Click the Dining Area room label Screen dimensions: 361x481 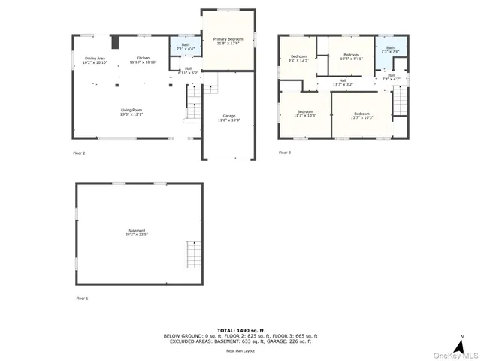(x=95, y=60)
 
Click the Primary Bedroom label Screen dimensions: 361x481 (x=228, y=41)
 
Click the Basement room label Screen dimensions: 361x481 (x=137, y=232)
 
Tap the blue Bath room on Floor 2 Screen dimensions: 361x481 (x=185, y=47)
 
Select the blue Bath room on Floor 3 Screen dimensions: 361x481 (x=390, y=50)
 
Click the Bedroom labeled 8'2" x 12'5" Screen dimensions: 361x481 (x=298, y=59)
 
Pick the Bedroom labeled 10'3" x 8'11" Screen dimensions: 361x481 (x=352, y=57)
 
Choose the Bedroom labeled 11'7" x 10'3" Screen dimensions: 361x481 (x=304, y=114)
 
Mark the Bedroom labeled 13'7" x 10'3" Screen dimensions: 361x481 (x=362, y=116)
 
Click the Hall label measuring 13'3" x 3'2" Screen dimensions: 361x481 (x=343, y=82)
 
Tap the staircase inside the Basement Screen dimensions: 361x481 (x=194, y=256)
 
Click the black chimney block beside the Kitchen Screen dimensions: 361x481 (x=116, y=41)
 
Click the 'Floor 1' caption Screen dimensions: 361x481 (x=81, y=299)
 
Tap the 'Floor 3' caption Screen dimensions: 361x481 (x=284, y=153)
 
